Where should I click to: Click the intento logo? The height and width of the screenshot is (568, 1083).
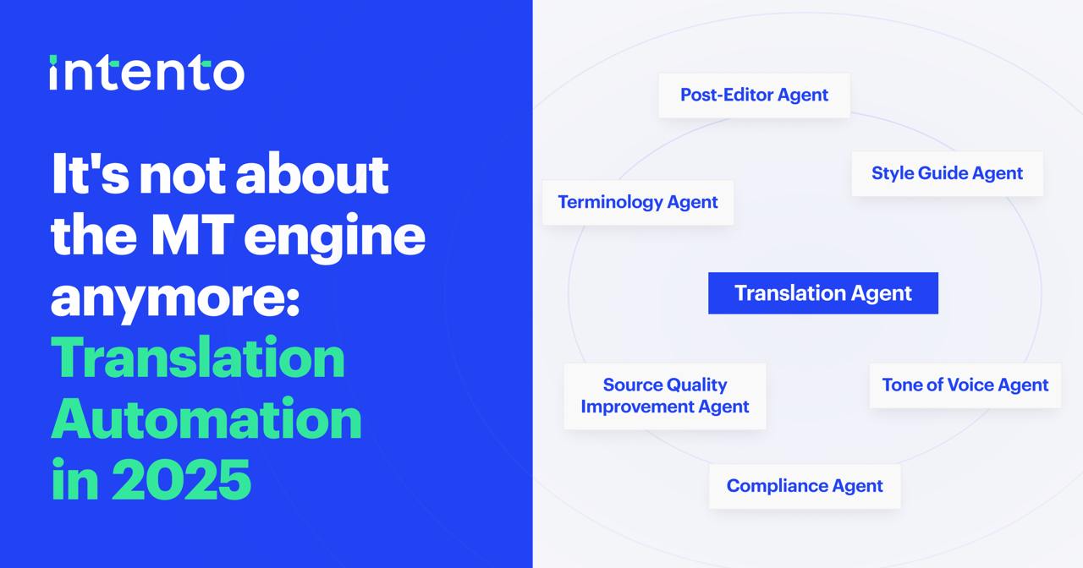146,73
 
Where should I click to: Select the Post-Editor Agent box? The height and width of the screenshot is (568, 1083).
754,96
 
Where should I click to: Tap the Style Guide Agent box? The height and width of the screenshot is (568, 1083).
947,173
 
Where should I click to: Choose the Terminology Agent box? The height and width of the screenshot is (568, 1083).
638,202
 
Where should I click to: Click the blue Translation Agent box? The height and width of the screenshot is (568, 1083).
823,293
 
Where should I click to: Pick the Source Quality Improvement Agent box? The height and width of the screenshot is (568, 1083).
665,396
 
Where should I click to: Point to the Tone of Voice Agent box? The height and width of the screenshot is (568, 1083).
965,385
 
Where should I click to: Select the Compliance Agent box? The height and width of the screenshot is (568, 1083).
805,486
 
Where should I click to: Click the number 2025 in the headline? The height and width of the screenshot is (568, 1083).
181,478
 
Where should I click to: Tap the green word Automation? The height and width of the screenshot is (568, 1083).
206,418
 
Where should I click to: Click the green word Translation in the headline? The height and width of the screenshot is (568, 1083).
198,357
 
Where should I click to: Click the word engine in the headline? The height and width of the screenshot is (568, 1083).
334,238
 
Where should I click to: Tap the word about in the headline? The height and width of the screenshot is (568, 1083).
312,173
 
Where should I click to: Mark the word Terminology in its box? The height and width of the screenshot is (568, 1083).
610,202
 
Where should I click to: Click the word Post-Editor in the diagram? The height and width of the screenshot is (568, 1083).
726,95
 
